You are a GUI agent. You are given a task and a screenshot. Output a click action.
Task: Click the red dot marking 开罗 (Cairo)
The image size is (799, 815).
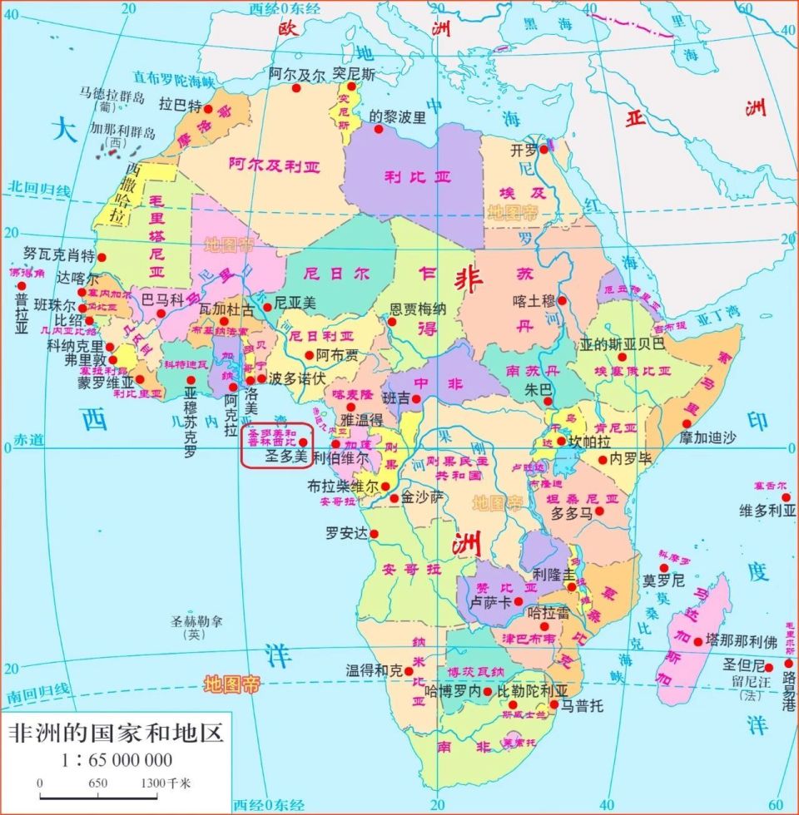pyautogui.click(x=543, y=150)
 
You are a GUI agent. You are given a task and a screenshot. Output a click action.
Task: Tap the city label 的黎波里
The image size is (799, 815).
pyautogui.click(x=397, y=117)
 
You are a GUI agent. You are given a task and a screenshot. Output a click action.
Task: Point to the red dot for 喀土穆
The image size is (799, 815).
pyautogui.click(x=563, y=301)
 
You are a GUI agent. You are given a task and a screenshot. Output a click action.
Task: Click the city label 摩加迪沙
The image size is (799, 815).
pyautogui.click(x=708, y=437)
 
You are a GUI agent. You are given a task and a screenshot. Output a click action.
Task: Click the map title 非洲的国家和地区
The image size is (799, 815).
pyautogui.click(x=116, y=734)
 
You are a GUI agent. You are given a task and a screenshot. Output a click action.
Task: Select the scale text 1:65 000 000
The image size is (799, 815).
pyautogui.click(x=117, y=759)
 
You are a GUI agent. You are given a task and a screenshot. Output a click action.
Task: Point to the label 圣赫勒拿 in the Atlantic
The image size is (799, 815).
pyautogui.click(x=196, y=621)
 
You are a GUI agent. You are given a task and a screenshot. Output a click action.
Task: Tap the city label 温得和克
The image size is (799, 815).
pyautogui.click(x=374, y=669)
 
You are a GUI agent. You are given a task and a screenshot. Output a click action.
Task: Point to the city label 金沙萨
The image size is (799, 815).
pyautogui.click(x=422, y=497)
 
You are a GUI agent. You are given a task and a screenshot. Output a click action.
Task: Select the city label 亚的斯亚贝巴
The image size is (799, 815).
pyautogui.click(x=623, y=343)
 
